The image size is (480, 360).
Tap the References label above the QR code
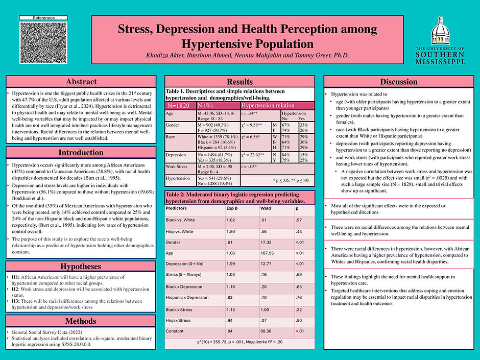(43, 18)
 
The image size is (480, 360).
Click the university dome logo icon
(440, 31)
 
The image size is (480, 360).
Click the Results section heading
(239, 82)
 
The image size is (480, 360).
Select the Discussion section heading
(399, 82)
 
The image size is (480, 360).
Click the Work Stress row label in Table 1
(177, 166)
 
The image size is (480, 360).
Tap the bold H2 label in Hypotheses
(15, 288)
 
